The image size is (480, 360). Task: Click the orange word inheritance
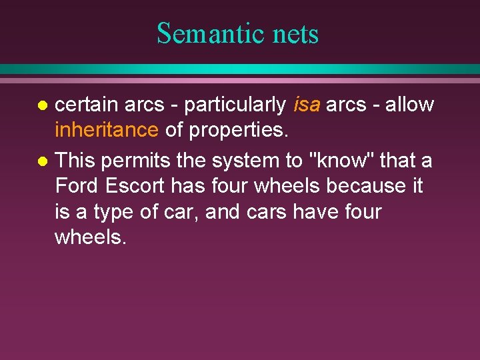(x=107, y=130)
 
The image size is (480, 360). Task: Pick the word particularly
(x=234, y=105)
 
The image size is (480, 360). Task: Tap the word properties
(x=239, y=131)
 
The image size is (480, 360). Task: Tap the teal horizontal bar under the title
(x=240, y=69)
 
